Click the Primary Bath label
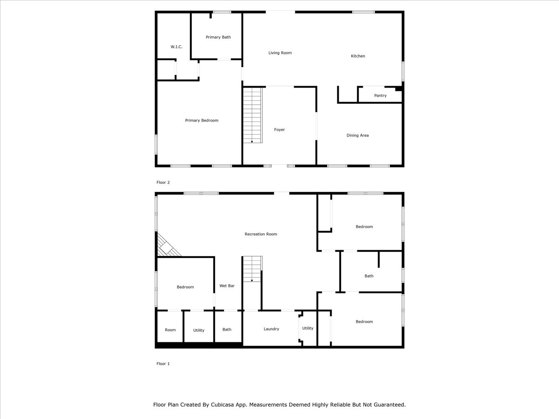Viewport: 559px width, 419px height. pos(218,37)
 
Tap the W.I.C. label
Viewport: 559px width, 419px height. pos(177,47)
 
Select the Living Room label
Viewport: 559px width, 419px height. pos(280,53)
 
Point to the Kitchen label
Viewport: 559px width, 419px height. pos(358,56)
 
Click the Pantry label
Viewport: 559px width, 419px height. pos(380,95)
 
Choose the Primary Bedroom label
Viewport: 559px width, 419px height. pos(202,121)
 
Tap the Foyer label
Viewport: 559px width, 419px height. pos(279,130)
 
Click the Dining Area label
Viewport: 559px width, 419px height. pos(358,135)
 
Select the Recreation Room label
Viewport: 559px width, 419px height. pos(261,234)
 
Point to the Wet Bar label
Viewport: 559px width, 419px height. pos(227,286)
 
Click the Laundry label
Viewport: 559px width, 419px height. pos(271,329)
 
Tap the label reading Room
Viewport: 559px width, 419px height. pos(170,330)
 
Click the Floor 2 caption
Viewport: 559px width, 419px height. pos(163,182)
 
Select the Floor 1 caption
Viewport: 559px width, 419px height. pos(163,364)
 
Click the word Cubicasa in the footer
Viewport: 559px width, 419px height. pos(222,405)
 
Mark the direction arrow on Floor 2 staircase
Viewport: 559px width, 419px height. pos(252,142)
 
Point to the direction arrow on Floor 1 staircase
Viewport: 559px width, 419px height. pos(252,280)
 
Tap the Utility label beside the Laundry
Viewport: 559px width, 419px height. pos(307,328)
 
